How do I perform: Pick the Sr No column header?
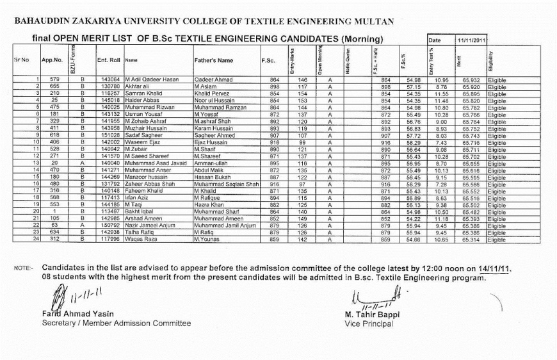click(21, 60)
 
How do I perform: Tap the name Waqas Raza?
click(141, 240)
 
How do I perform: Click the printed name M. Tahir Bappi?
click(373, 315)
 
